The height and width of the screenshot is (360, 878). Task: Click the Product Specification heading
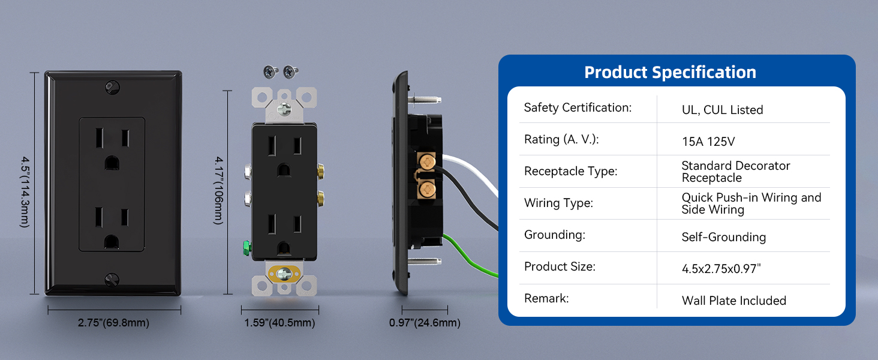(x=670, y=72)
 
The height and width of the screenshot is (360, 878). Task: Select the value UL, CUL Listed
(x=723, y=110)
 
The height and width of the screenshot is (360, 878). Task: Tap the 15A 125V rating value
(x=708, y=142)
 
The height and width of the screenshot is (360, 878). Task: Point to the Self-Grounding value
(x=723, y=237)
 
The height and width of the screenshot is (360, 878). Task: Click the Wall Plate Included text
(x=733, y=301)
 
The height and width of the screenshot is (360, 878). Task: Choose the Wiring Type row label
(x=558, y=203)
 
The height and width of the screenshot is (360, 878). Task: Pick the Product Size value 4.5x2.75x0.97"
(x=721, y=269)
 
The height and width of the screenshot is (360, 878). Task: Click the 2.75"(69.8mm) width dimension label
(x=113, y=323)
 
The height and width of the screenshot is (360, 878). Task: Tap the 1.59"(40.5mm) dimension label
(x=279, y=323)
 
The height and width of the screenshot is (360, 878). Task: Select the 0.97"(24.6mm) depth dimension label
(x=425, y=323)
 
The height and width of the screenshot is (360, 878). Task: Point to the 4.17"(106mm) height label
(x=219, y=191)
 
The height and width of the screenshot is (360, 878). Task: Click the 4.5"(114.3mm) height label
(x=25, y=192)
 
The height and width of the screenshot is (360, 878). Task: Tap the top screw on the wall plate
(x=113, y=88)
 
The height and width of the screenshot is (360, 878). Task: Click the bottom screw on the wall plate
(x=112, y=280)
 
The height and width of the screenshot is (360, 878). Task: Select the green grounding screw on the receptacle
(x=246, y=248)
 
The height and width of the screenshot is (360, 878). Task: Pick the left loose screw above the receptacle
(x=270, y=71)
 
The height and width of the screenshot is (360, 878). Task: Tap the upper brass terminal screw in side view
(x=427, y=161)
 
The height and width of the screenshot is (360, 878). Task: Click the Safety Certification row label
(x=578, y=107)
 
